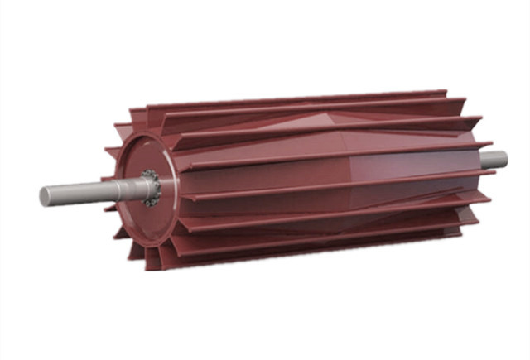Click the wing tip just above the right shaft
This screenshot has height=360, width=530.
coord(480,148)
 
